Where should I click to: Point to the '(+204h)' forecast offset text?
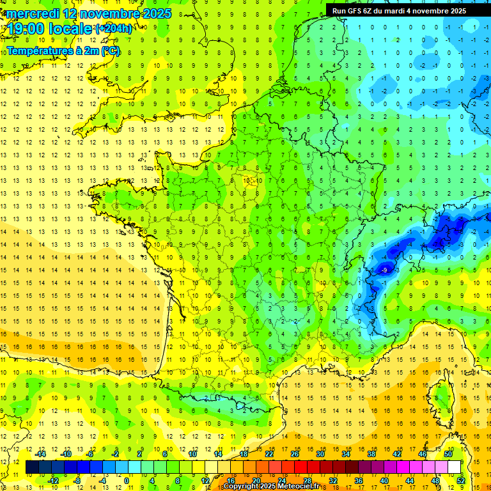click(x=114, y=28)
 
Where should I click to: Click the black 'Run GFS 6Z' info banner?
click(x=408, y=11)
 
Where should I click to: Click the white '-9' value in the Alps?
click(x=384, y=271)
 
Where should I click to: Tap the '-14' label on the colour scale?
click(x=40, y=454)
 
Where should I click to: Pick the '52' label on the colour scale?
click(x=460, y=480)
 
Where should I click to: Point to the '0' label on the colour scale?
click(x=126, y=480)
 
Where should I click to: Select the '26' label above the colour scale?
click(x=295, y=454)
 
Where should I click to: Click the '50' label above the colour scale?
click(x=448, y=454)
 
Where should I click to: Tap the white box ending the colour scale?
click(x=455, y=467)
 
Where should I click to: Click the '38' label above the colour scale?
click(x=371, y=454)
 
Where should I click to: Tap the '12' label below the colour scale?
click(x=206, y=480)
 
